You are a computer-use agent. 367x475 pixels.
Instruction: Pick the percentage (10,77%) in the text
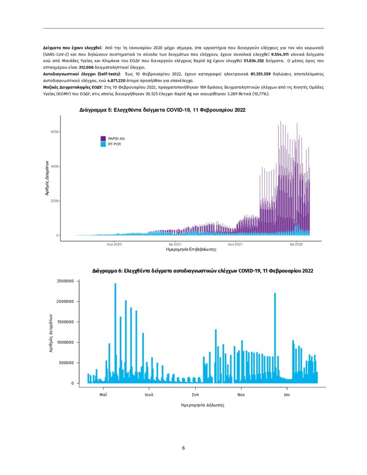[258, 94]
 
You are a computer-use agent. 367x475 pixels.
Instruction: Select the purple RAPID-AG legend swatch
[103, 139]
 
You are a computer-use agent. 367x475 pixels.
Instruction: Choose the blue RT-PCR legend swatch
[103, 144]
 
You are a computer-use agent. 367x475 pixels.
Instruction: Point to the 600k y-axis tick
[53, 132]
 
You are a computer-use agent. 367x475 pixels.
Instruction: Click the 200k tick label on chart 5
[53, 201]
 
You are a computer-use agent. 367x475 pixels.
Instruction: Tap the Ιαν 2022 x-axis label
[296, 244]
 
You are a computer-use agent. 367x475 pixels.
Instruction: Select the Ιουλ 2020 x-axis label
[114, 244]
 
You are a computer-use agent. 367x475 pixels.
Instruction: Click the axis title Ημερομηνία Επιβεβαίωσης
[191, 250]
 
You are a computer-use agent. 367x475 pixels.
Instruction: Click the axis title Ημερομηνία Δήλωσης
[203, 405]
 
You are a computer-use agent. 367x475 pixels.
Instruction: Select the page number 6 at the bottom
[183, 448]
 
